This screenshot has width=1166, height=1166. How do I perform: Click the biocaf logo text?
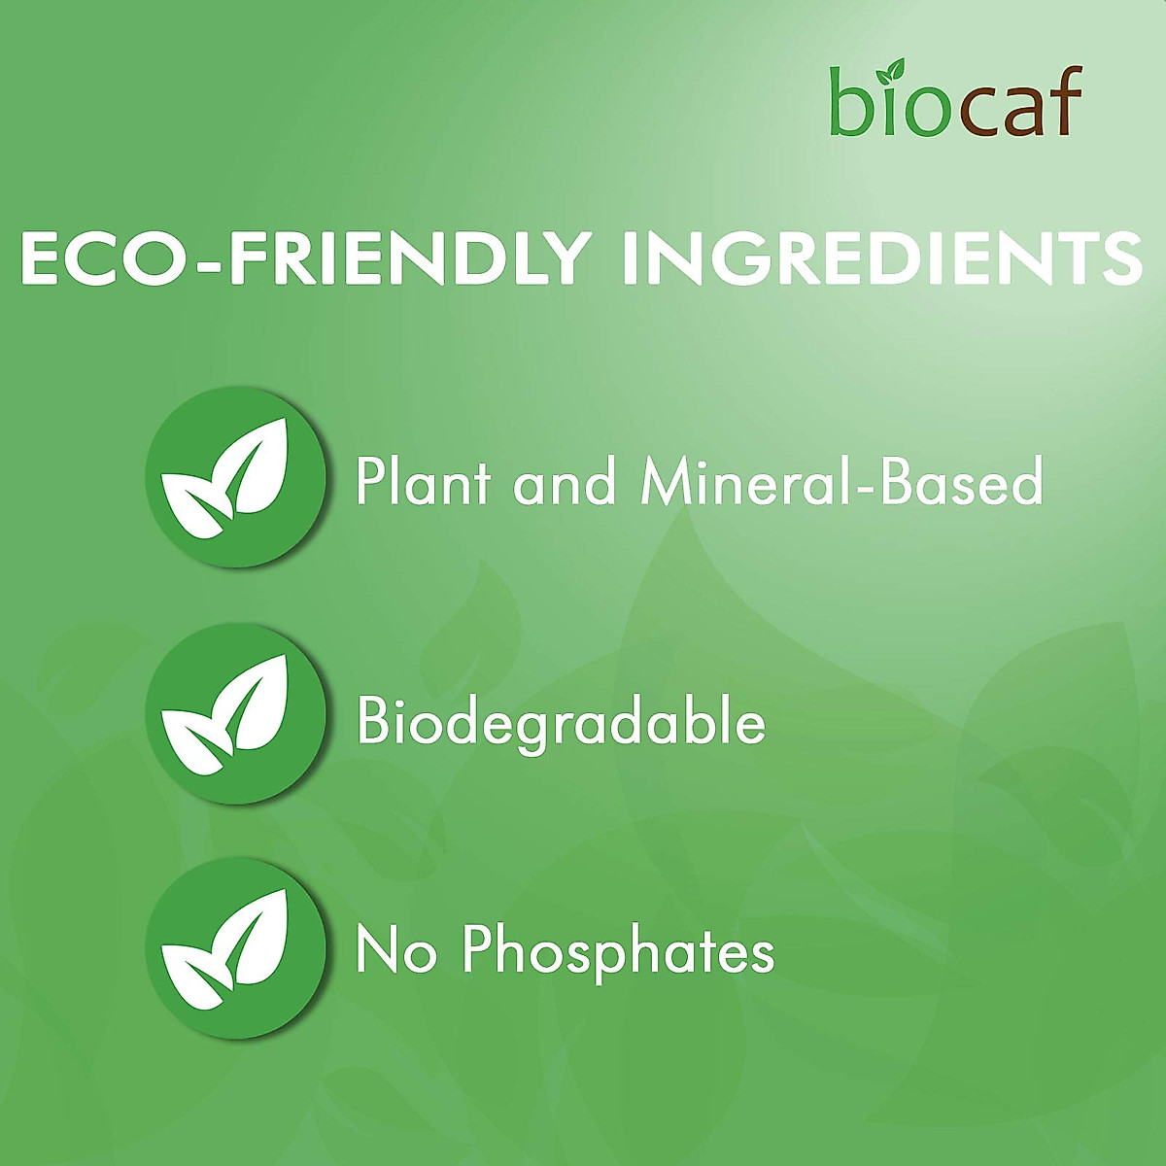955,100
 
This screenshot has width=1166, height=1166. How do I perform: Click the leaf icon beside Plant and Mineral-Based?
235,477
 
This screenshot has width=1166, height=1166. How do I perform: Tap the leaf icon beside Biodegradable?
235,714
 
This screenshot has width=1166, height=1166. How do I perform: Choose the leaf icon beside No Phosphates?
235,948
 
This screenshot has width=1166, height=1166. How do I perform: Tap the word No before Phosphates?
396,950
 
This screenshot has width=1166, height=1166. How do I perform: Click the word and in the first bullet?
564,481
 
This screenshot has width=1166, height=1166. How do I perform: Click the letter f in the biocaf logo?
1068,99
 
